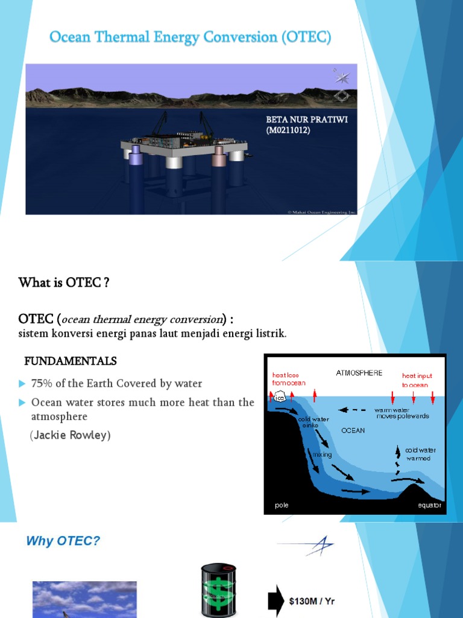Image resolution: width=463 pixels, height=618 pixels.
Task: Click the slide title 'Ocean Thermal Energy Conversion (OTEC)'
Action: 190,38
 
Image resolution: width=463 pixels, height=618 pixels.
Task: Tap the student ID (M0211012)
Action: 288,130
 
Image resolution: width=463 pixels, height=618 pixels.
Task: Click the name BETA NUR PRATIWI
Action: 307,119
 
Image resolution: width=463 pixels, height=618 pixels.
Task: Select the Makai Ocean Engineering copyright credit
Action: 322,212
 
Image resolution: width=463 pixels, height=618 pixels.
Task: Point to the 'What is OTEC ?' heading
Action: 64,282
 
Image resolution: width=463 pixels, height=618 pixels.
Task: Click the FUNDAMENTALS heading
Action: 70,361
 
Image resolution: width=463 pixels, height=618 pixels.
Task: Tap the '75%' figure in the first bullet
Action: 42,383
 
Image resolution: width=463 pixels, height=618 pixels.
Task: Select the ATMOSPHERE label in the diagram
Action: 359,373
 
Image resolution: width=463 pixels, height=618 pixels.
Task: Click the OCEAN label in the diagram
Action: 353,430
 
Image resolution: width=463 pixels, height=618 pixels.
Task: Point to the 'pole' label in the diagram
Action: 282,505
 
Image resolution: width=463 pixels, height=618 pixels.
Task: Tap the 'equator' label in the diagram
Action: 429,505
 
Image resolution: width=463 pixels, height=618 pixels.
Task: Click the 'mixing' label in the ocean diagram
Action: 322,454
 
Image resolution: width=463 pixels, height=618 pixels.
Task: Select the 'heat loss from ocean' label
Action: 288,379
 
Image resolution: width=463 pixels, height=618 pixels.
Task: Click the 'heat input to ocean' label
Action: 417,380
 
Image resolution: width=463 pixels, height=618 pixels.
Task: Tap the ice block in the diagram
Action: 280,398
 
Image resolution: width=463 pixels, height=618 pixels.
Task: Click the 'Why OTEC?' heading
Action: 63,541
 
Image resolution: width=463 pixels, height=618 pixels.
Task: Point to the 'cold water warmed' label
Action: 420,454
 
